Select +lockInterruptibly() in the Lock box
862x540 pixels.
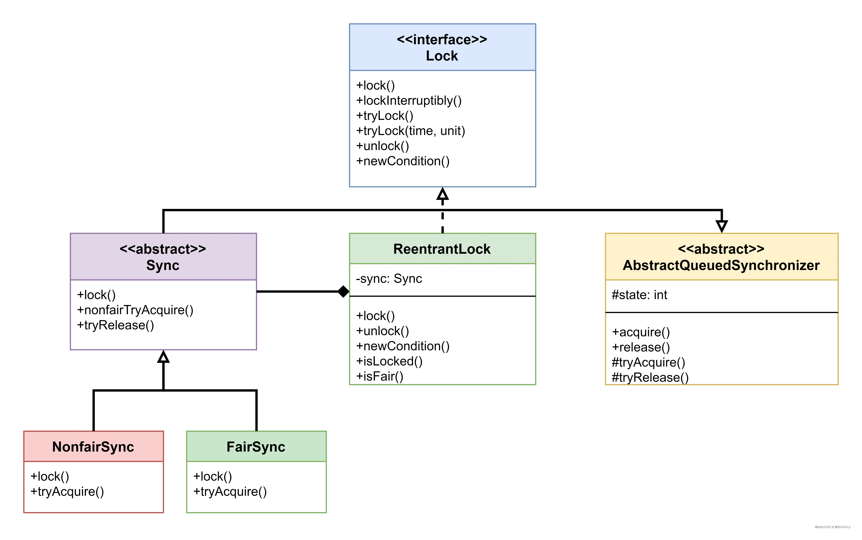click(x=409, y=101)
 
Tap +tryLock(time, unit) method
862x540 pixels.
click(x=410, y=131)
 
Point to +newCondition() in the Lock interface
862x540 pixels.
click(x=403, y=161)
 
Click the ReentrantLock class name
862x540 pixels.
click(x=442, y=249)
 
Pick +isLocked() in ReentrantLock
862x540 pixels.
click(x=389, y=361)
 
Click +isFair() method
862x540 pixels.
click(x=379, y=376)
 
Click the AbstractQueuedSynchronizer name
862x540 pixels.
click(x=721, y=265)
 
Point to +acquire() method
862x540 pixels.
click(x=641, y=332)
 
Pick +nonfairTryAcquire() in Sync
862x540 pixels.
click(x=135, y=310)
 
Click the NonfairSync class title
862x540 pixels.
click(x=93, y=447)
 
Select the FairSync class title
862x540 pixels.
click(x=256, y=447)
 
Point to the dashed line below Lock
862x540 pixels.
click(x=443, y=218)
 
